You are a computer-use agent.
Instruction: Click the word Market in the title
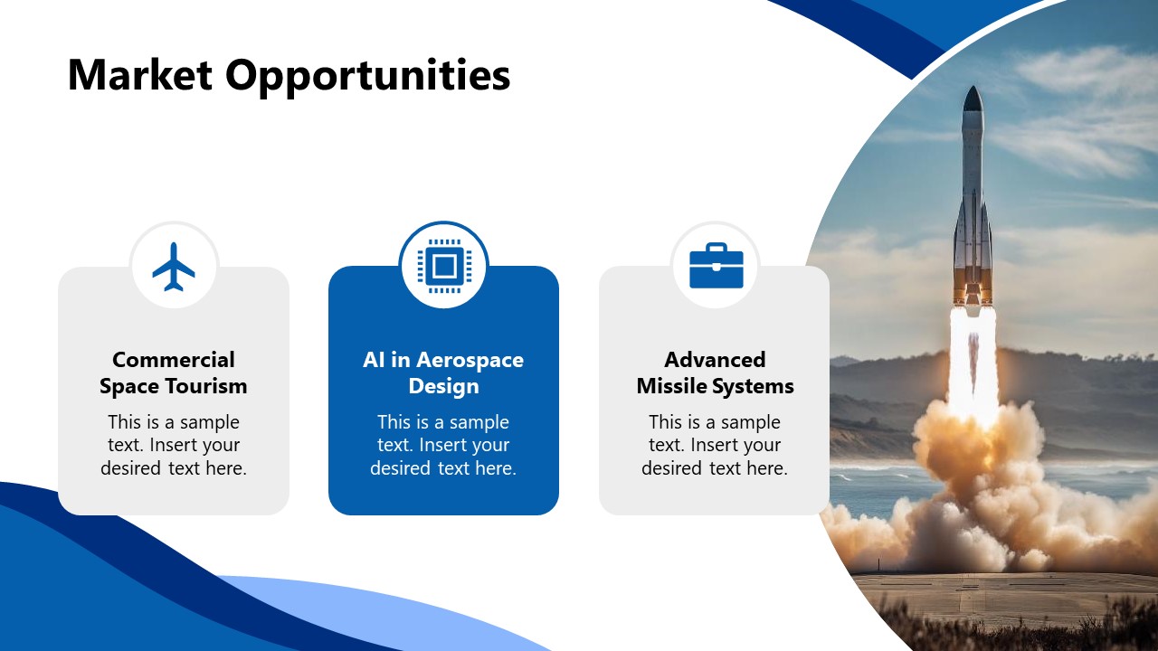coord(139,74)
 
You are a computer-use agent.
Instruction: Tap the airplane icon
coord(174,267)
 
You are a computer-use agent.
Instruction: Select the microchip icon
coord(443,266)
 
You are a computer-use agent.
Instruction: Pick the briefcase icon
coord(716,266)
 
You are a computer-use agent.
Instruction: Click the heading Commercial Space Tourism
coord(173,373)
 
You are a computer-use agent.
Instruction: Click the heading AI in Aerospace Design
coord(443,373)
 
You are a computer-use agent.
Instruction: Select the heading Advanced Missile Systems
coord(715,373)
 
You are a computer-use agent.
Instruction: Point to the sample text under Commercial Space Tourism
coord(173,445)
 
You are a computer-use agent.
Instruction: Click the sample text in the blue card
coord(443,445)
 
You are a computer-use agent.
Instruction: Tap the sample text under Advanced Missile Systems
coord(715,445)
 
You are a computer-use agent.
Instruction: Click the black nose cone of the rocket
coord(973,99)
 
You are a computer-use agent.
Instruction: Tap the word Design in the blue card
coord(443,386)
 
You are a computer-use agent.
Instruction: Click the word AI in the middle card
coord(374,360)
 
